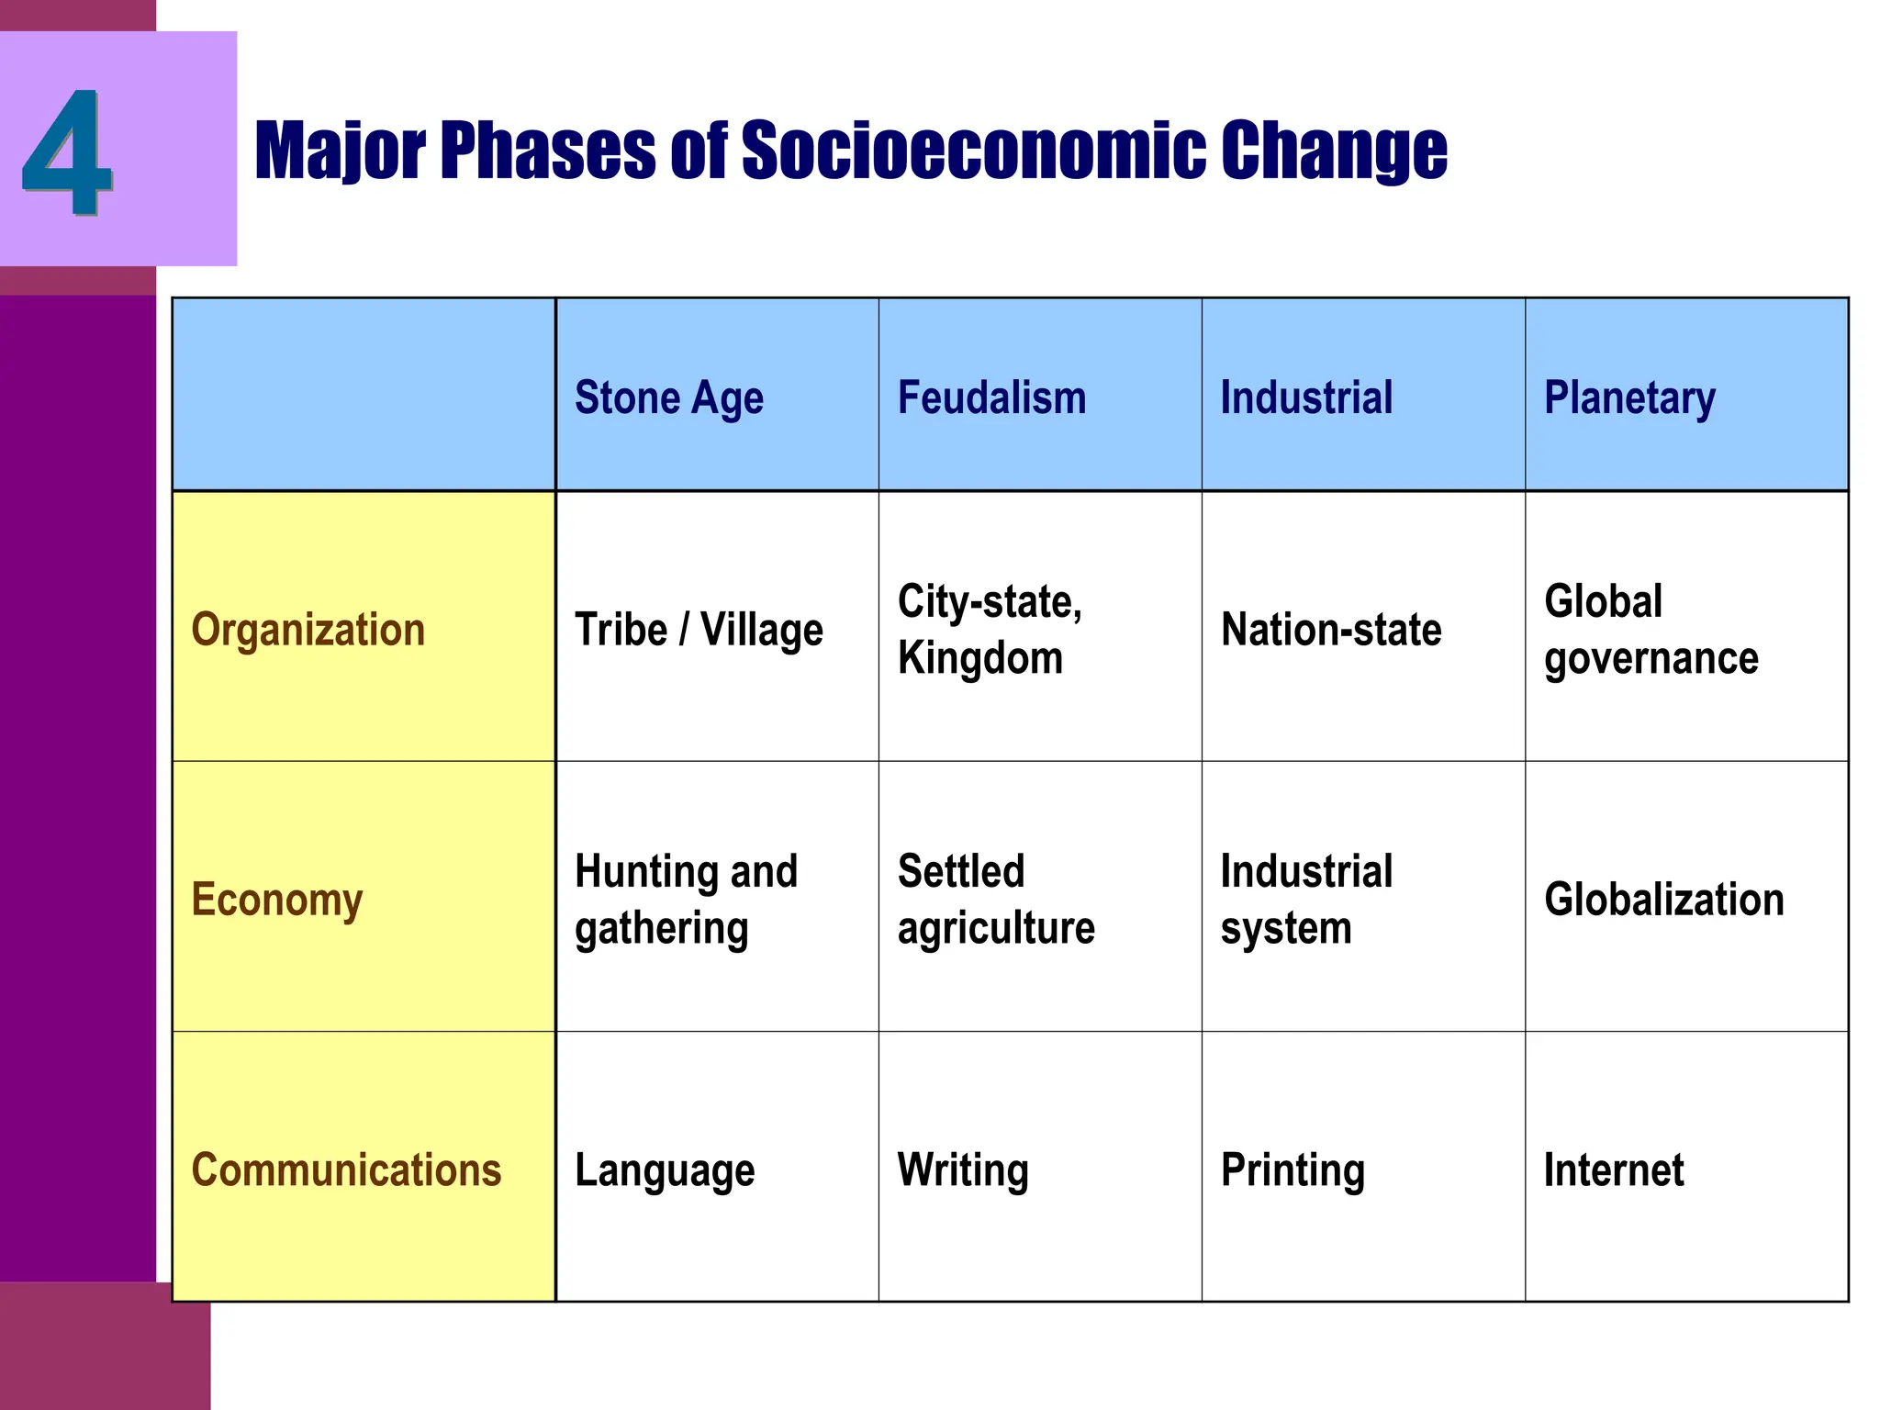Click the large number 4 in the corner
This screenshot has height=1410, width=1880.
(x=67, y=151)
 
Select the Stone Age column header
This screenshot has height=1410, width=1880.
(x=669, y=398)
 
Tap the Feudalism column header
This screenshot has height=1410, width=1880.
(x=991, y=398)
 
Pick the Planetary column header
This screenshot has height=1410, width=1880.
(x=1629, y=398)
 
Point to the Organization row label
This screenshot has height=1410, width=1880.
(x=308, y=630)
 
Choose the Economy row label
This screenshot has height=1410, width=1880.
(x=277, y=900)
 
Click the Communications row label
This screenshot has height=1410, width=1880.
(x=346, y=1170)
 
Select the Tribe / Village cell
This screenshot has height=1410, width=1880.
(x=699, y=630)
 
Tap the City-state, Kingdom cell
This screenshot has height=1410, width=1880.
(x=990, y=630)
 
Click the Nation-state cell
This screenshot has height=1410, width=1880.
(x=1331, y=630)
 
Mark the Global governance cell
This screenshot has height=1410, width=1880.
(x=1651, y=630)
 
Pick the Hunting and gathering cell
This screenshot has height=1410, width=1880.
(x=686, y=900)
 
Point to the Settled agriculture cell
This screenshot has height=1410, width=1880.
(x=996, y=900)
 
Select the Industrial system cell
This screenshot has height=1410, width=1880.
(x=1306, y=900)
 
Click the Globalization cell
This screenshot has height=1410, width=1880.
(x=1664, y=900)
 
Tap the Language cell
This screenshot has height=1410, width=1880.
(x=665, y=1170)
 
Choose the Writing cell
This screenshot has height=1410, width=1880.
(x=963, y=1170)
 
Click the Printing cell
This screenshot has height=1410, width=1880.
(x=1292, y=1170)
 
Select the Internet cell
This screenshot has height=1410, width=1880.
(x=1614, y=1170)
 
